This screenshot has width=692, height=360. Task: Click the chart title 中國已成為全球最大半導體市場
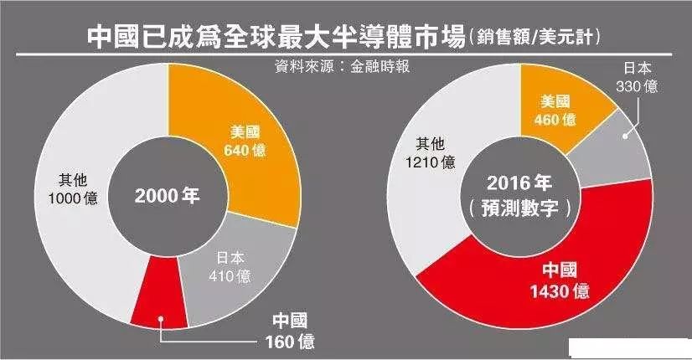click(x=276, y=36)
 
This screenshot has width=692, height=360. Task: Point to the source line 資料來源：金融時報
click(x=343, y=66)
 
